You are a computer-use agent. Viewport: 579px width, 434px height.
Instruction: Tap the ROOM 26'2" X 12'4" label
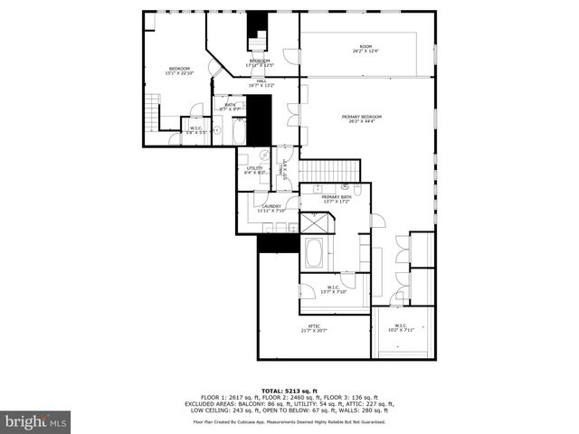(x=365, y=49)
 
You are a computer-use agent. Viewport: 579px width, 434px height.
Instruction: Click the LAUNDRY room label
(x=271, y=208)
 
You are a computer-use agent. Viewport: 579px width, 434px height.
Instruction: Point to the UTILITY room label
(x=254, y=170)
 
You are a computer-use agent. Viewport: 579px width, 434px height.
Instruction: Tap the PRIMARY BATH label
(x=336, y=199)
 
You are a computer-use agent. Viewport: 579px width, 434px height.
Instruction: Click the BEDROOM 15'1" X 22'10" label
(x=178, y=71)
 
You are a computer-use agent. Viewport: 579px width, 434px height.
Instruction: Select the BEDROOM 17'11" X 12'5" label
(x=253, y=62)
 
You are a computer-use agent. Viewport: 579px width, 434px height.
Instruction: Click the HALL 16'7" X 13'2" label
(x=261, y=83)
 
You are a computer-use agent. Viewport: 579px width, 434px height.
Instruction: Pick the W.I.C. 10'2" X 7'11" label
(x=401, y=327)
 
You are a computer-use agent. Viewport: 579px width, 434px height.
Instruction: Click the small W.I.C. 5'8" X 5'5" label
(x=196, y=129)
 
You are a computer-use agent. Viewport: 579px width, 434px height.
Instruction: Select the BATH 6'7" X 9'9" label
(x=231, y=107)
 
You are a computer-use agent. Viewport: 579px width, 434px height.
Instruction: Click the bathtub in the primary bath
(x=314, y=253)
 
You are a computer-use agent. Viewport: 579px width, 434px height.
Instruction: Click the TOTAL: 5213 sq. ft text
(x=289, y=390)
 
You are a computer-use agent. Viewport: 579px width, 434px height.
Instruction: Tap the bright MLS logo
(x=36, y=421)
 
